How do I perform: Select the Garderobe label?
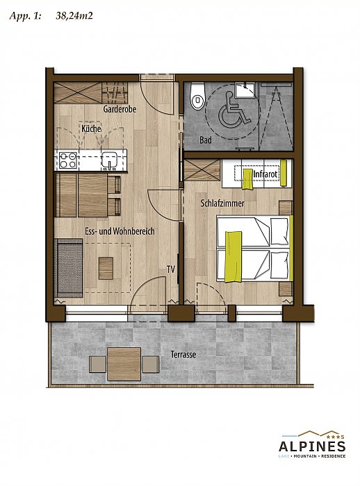pyautogui.click(x=120, y=109)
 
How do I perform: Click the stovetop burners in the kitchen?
pyautogui.click(x=68, y=160)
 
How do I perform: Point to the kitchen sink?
pyautogui.click(x=109, y=160)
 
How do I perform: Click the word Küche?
pyautogui.click(x=91, y=128)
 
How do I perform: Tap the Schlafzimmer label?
pyautogui.click(x=222, y=203)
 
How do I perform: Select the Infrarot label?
pyautogui.click(x=265, y=174)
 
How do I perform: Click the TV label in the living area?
pyautogui.click(x=171, y=269)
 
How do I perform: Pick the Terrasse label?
pyautogui.click(x=183, y=354)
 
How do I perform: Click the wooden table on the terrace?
pyautogui.click(x=124, y=364)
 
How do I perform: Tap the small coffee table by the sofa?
pyautogui.click(x=106, y=268)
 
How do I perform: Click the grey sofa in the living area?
pyautogui.click(x=69, y=268)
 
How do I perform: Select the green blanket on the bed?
pyautogui.click(x=233, y=257)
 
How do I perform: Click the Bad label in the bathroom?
pyautogui.click(x=206, y=140)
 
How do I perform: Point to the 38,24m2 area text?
pyautogui.click(x=74, y=16)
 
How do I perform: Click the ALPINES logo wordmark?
pyautogui.click(x=312, y=446)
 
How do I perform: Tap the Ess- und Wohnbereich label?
pyautogui.click(x=120, y=231)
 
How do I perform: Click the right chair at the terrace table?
pyautogui.click(x=151, y=364)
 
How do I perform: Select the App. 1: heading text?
pyautogui.click(x=25, y=16)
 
